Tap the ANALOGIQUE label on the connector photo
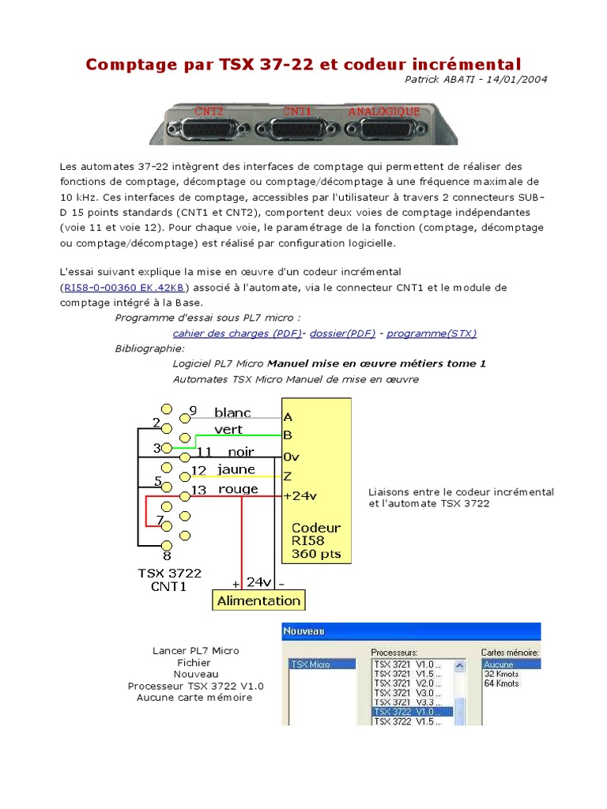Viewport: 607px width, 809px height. [384, 111]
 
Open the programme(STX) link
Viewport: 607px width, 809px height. [432, 333]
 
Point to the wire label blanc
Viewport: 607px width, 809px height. [232, 412]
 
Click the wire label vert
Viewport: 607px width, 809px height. [228, 430]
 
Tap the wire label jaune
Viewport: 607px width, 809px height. [236, 469]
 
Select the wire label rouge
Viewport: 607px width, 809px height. [238, 489]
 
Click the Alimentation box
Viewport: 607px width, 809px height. [258, 600]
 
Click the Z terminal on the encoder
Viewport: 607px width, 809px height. [288, 476]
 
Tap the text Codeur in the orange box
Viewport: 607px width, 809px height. [316, 527]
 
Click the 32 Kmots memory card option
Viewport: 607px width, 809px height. [502, 674]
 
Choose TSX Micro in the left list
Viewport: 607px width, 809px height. [311, 664]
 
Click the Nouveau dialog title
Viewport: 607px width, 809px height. [304, 631]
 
